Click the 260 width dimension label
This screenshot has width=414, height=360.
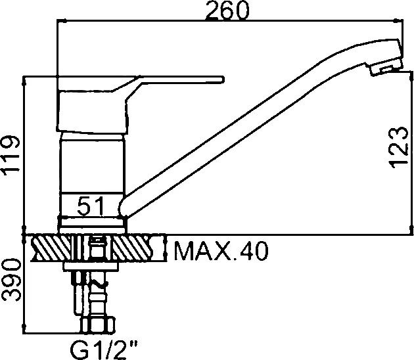coord(227,11)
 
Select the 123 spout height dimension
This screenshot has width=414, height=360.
coord(399,147)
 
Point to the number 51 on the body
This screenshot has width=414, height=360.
coord(91,206)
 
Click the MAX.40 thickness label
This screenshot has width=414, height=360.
coord(221,250)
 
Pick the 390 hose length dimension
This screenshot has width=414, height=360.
coord(11,280)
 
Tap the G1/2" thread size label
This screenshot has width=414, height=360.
coord(104,349)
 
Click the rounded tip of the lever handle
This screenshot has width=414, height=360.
coord(223,79)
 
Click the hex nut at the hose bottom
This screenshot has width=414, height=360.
coord(97,325)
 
